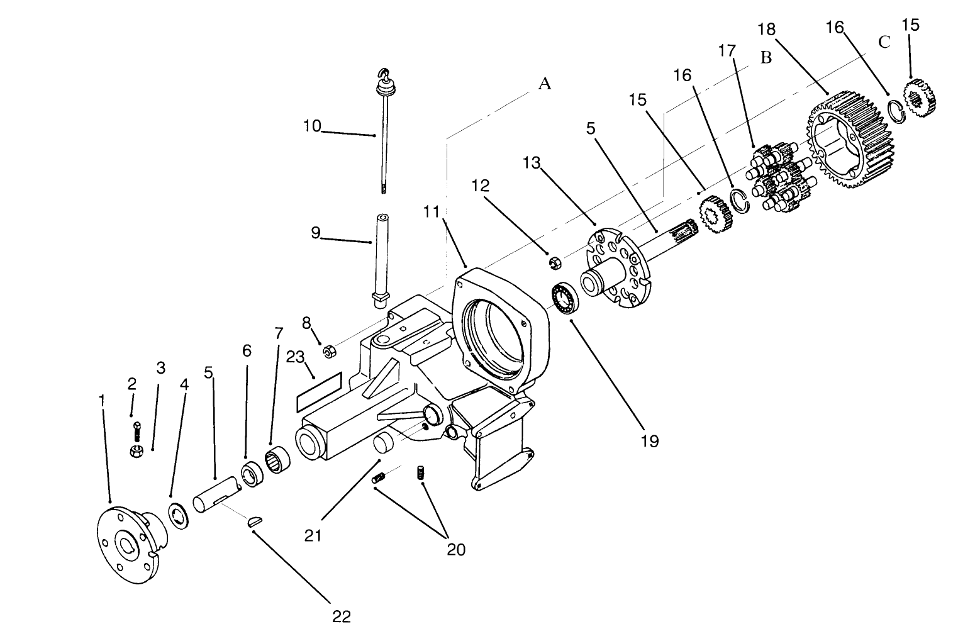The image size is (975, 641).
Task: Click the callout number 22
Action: point(341,616)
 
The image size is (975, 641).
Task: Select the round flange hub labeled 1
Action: point(129,544)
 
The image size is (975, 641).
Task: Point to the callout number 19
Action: point(650,441)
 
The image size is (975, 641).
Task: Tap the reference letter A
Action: point(545,83)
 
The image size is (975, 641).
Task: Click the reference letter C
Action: point(884,42)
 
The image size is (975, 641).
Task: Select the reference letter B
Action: point(766,57)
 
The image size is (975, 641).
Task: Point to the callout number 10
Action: point(311,126)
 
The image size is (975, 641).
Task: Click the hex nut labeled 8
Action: point(328,350)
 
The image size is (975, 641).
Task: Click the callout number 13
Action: point(531,163)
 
